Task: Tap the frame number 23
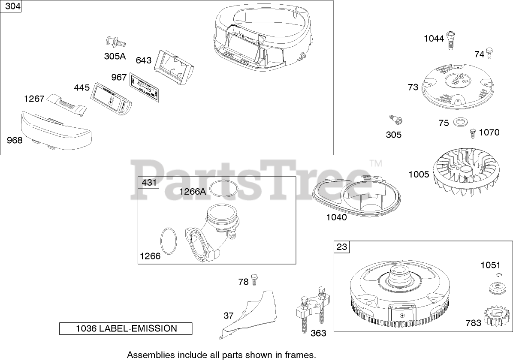click(342, 247)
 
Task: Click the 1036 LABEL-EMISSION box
click(126, 329)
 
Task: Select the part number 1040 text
click(336, 217)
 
